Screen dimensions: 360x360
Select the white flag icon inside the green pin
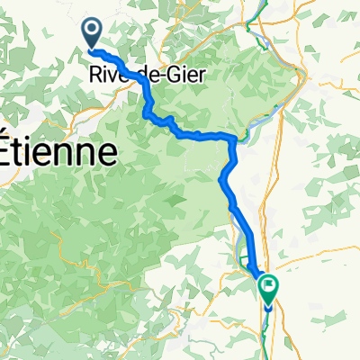click(x=269, y=286)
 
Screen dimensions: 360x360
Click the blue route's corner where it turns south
click(x=235, y=139)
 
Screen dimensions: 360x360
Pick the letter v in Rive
click(x=114, y=76)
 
